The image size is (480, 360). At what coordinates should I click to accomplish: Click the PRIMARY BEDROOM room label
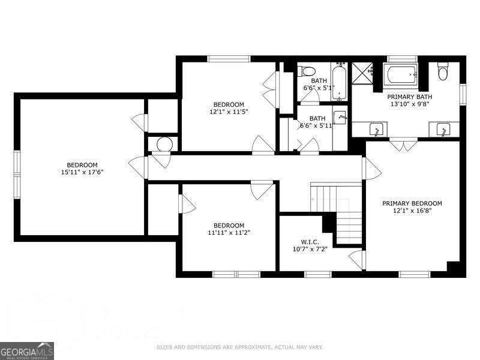(x=412, y=203)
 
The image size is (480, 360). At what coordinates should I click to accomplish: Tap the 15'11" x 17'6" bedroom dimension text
(x=82, y=173)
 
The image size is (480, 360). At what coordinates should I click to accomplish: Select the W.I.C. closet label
(x=310, y=241)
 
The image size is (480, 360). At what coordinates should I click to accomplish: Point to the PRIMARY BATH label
(x=410, y=97)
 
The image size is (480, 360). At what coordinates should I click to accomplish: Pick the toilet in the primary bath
(x=443, y=72)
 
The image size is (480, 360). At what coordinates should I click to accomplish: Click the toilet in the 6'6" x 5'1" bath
(x=304, y=71)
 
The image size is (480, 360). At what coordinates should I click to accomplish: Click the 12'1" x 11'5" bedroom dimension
(x=229, y=112)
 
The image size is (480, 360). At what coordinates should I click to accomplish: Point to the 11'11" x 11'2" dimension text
(x=229, y=233)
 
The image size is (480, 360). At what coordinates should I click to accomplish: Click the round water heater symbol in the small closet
(x=164, y=145)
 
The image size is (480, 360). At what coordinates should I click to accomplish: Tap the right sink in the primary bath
(x=443, y=128)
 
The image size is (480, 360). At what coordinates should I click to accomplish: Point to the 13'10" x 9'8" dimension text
(x=410, y=104)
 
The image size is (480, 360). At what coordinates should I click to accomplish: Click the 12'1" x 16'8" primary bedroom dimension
(x=412, y=211)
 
